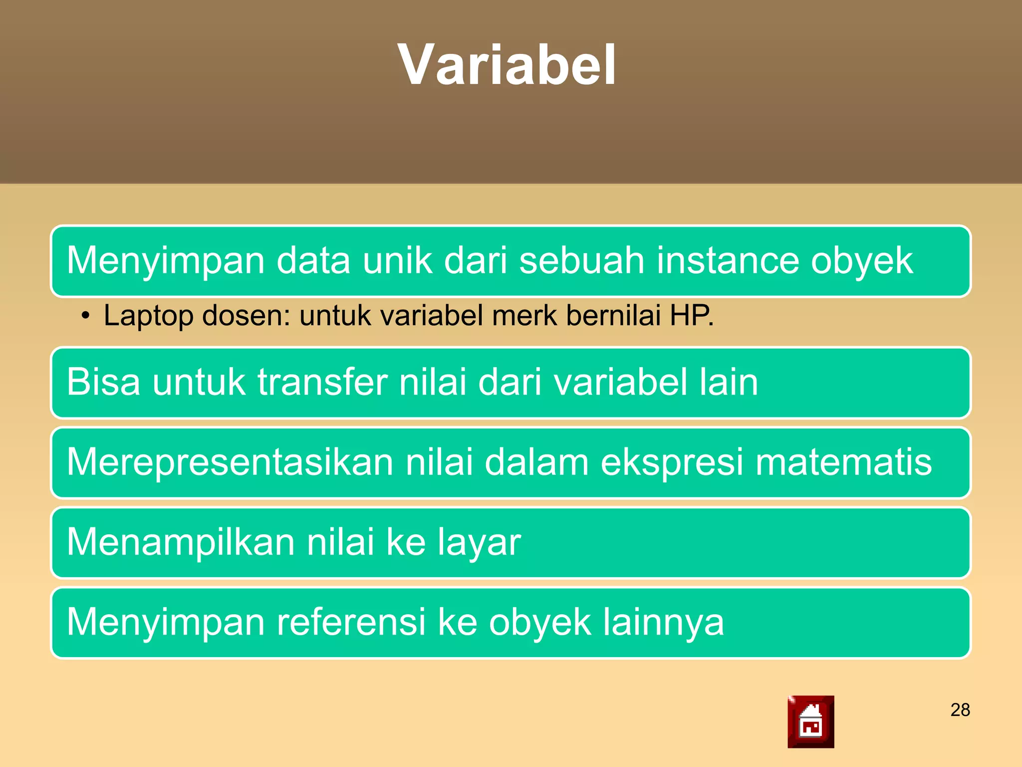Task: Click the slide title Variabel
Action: pos(507,65)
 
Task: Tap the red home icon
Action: pos(810,722)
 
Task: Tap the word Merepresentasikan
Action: pos(230,462)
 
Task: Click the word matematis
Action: pos(843,462)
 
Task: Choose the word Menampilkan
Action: pos(181,542)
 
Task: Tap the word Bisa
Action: pos(104,382)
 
